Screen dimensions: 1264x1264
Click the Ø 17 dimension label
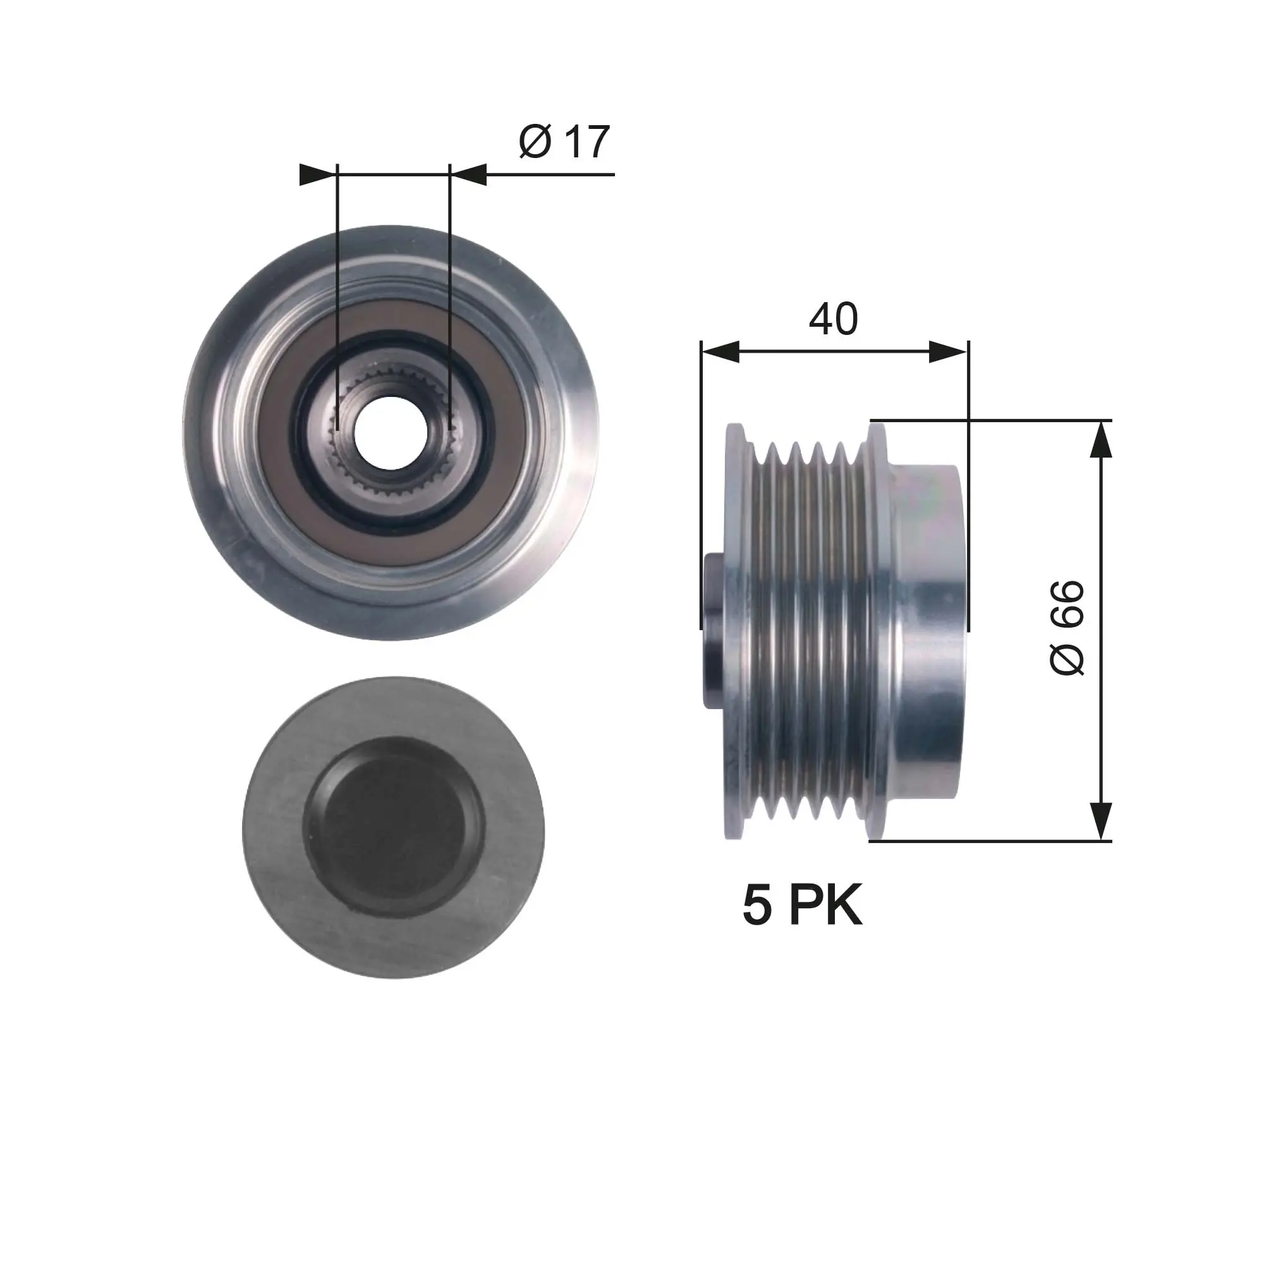coord(564,142)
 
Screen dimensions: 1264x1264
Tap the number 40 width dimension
coord(833,319)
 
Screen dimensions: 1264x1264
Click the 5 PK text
coord(803,906)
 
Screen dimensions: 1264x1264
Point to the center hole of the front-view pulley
coord(391,432)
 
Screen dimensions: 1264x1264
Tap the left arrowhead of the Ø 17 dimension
coord(317,174)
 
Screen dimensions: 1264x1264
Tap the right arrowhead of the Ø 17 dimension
coord(468,174)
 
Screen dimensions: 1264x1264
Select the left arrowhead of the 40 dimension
coord(720,352)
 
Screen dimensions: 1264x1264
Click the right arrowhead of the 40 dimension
coord(949,352)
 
